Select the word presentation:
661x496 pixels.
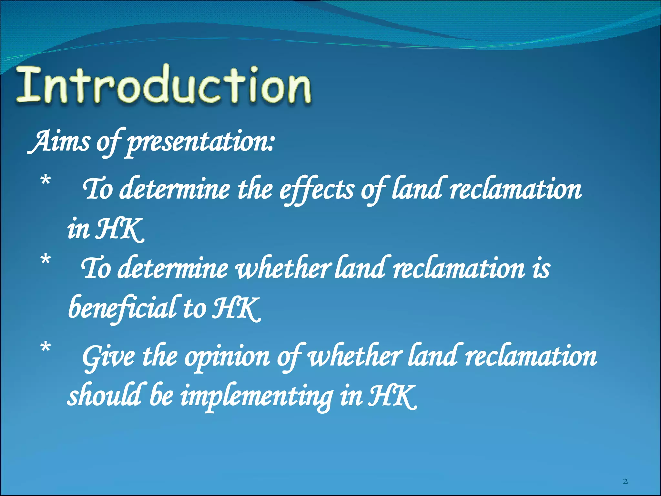(x=200, y=142)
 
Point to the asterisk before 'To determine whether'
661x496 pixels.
(x=46, y=260)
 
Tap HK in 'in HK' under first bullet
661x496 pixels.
(x=119, y=229)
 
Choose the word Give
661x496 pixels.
(x=108, y=357)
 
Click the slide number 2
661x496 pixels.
(x=625, y=481)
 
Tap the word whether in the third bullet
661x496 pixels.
(x=355, y=357)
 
